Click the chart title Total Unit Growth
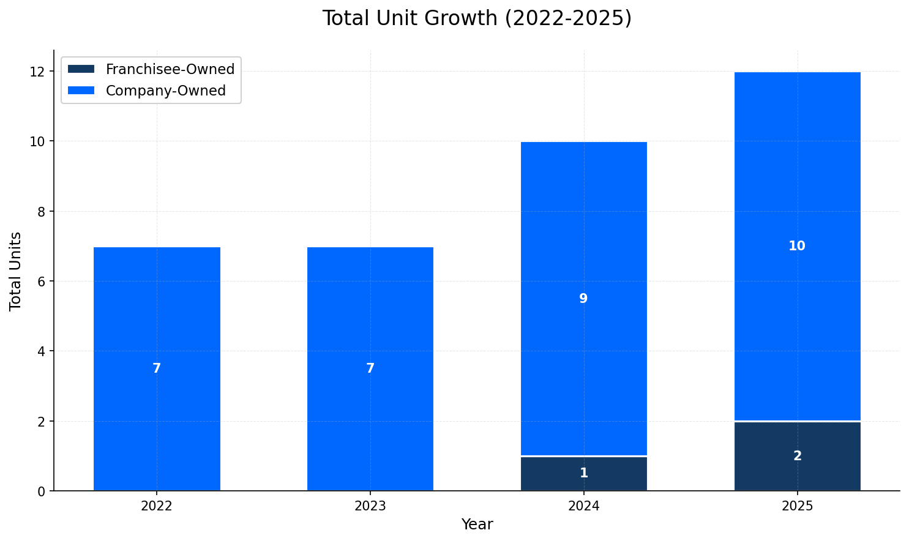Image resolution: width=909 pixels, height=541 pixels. tap(477, 18)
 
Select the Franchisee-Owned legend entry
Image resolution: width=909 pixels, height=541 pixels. tap(170, 69)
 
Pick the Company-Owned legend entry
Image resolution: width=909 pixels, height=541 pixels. tap(165, 91)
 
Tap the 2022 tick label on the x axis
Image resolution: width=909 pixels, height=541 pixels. tap(157, 506)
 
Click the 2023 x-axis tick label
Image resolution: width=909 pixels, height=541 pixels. tap(370, 506)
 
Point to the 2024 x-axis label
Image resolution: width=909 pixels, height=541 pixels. tap(583, 506)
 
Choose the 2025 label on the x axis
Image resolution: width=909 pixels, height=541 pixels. tap(797, 506)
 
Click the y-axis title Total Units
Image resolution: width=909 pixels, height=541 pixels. tap(16, 271)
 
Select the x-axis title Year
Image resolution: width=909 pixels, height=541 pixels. tap(477, 524)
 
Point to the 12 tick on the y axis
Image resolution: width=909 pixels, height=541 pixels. tap(38, 72)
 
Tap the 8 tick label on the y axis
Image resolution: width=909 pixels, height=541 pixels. tap(41, 212)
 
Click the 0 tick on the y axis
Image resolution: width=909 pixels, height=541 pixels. tap(41, 491)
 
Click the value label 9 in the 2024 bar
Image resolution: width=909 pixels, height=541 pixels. tap(583, 299)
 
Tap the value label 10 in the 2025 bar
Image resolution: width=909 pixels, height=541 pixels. tap(797, 246)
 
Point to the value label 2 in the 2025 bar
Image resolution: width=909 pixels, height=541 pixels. tap(797, 456)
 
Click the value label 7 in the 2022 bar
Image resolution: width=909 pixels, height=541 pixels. tap(157, 368)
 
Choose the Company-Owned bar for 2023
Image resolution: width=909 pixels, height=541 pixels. tap(370, 306)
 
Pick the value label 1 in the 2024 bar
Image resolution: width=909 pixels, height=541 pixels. tap(583, 473)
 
